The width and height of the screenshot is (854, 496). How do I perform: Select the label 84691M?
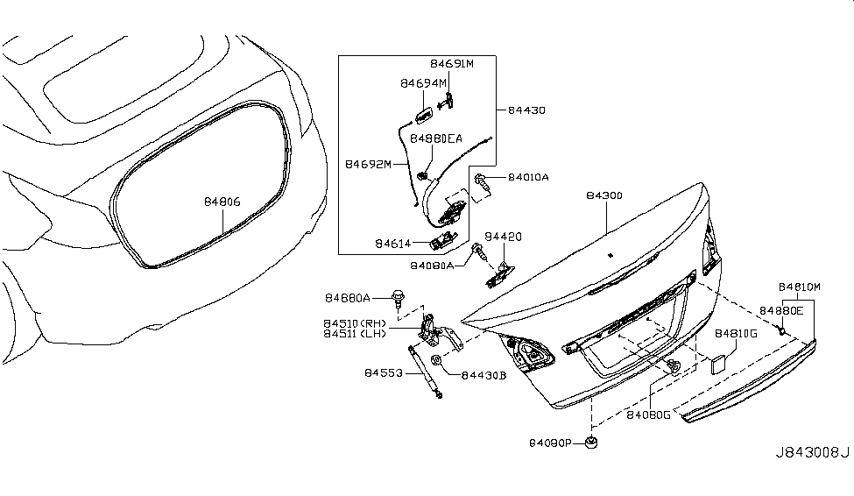tap(451, 64)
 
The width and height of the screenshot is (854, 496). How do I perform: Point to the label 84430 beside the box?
tap(526, 111)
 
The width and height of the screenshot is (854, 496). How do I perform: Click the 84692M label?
tap(368, 164)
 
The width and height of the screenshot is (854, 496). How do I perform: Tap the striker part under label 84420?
tap(497, 273)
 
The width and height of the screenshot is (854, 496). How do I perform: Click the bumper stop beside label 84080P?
tap(593, 443)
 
